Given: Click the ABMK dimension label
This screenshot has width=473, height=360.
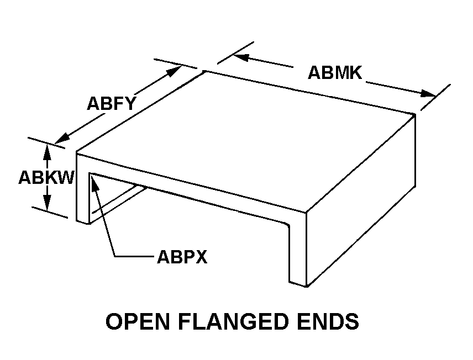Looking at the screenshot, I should [x=334, y=72].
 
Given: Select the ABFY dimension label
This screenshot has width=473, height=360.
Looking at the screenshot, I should [x=111, y=103].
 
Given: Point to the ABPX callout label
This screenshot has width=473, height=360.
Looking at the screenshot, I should [x=182, y=257].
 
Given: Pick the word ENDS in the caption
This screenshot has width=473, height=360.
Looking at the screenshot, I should [x=330, y=321].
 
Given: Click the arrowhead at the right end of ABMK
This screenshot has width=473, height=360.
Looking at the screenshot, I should [x=429, y=94].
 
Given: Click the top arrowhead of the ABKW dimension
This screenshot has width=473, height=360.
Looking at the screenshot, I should [x=48, y=149].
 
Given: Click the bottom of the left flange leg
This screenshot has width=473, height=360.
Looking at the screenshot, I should [x=82, y=221].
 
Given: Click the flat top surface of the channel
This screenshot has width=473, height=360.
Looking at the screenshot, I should [x=249, y=138].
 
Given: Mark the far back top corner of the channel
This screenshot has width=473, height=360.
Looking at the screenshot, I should [x=205, y=71].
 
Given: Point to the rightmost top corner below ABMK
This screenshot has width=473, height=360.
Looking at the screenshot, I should [x=414, y=114].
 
